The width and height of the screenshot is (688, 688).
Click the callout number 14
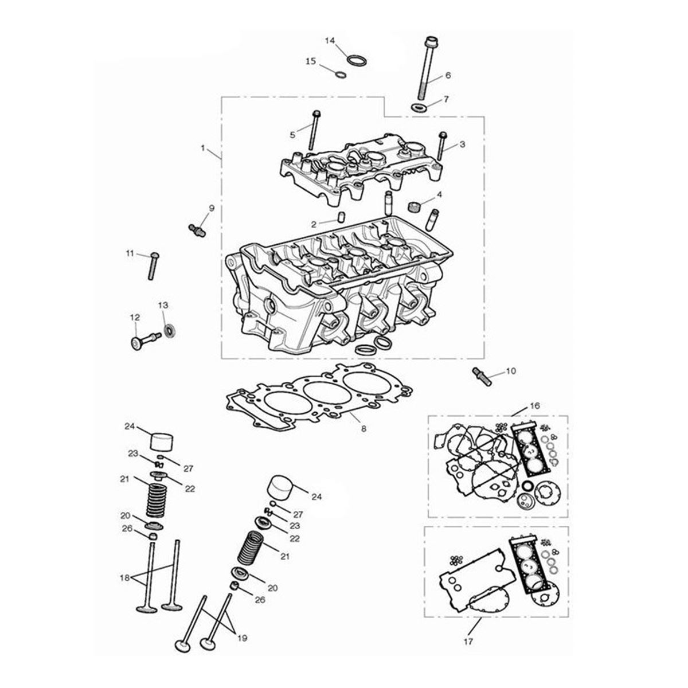click(330, 41)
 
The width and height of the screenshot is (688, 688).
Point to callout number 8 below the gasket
click(363, 429)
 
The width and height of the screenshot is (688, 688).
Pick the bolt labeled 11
click(153, 266)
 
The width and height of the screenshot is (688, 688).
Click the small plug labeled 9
click(197, 230)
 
